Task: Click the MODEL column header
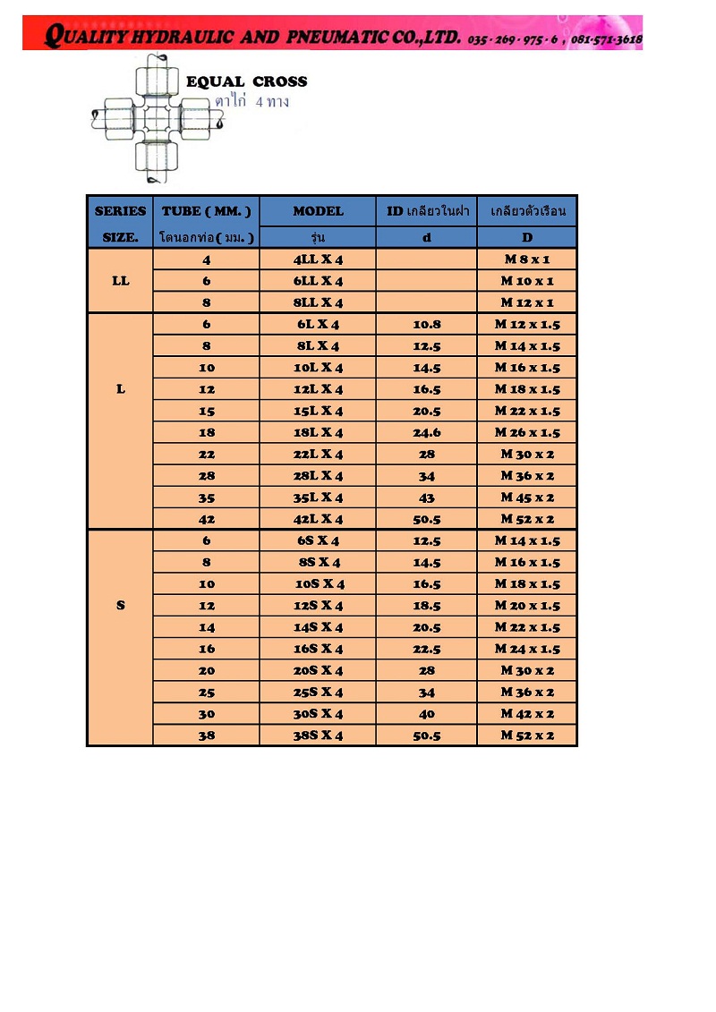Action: pos(318,211)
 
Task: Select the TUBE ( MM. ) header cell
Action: pos(207,211)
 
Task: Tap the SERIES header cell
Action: pos(120,211)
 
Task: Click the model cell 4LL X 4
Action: pos(318,259)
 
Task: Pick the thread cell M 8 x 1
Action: pos(527,259)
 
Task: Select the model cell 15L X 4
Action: pos(318,411)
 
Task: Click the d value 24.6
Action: pos(427,432)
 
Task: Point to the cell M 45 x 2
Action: pos(527,497)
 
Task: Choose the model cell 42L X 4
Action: pos(318,519)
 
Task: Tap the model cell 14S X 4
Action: pos(318,627)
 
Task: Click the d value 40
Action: pos(427,713)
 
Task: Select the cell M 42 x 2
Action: pos(527,713)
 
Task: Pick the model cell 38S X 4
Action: pos(318,736)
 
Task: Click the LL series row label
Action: pos(120,281)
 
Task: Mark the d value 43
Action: pos(427,497)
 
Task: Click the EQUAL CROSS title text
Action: pos(246,81)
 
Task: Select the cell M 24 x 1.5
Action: pos(527,649)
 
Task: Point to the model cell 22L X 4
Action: pos(318,455)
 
